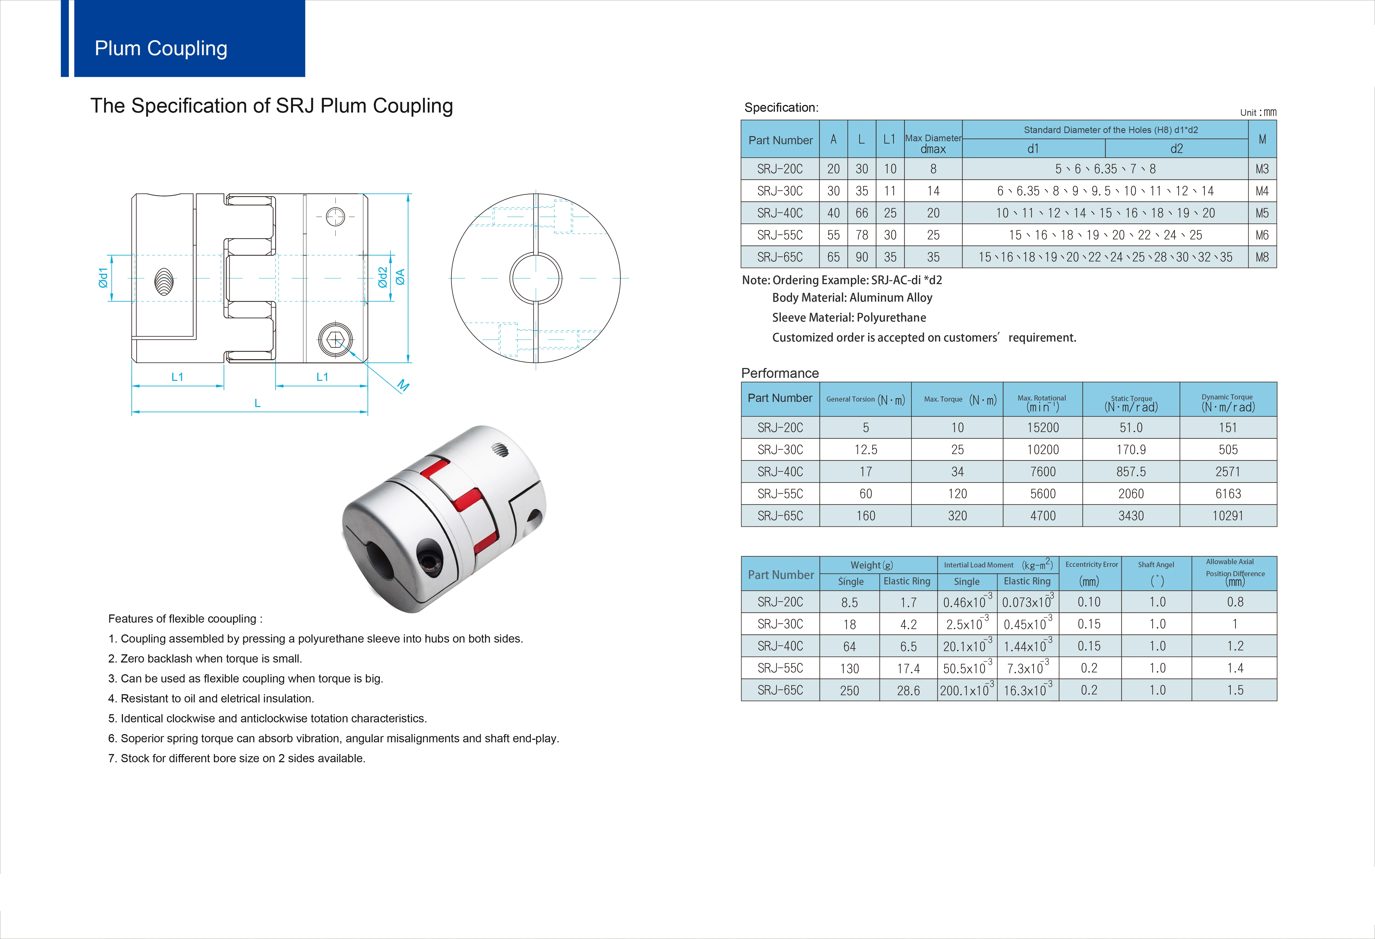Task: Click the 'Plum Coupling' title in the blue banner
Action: pos(161,48)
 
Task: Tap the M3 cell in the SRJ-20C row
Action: pos(1262,169)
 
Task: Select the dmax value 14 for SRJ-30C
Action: pos(933,191)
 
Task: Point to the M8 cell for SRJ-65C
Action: pos(1262,257)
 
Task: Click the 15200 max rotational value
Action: pos(1042,428)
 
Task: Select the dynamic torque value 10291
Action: pos(1228,516)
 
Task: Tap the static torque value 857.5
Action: pos(1131,472)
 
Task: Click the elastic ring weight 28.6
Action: pos(908,691)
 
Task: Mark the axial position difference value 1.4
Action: pos(1235,668)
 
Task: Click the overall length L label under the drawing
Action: pos(257,403)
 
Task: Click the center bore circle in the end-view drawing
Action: pos(535,278)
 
